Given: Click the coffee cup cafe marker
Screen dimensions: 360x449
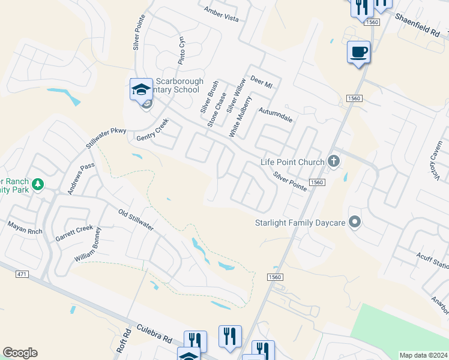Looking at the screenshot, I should point(359,52).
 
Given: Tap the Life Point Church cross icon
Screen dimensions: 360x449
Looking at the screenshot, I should point(334,161).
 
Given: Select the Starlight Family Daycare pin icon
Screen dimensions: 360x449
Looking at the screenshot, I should point(355,223).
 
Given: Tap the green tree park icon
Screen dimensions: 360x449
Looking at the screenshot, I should point(38,184).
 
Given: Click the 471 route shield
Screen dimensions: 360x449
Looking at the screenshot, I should point(21,274).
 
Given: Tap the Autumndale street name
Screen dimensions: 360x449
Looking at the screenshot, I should point(276,115).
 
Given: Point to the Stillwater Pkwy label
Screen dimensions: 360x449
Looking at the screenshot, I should point(106,137).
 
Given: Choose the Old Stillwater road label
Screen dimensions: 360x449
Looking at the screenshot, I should point(136,220).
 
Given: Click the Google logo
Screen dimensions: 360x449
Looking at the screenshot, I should point(20,353).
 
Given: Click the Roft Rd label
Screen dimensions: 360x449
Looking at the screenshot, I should point(126,341).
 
